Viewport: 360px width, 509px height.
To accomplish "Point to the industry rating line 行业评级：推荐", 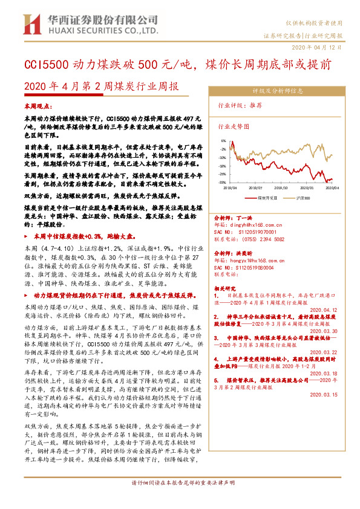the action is [240, 105].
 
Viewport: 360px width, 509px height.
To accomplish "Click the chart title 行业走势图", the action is [233, 128].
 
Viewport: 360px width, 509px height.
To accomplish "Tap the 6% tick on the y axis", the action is [223, 140].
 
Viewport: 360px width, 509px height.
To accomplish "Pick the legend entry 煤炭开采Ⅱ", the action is [266, 197].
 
